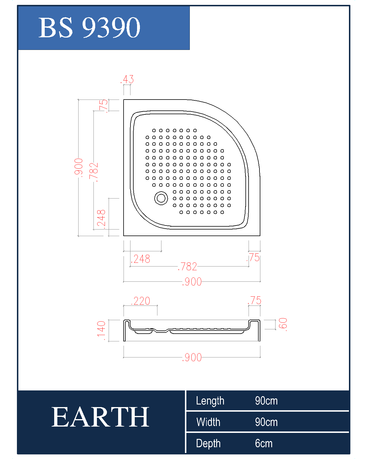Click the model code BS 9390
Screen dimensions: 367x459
[89, 28]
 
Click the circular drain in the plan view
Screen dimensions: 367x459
[161, 198]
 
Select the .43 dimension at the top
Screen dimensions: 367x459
[127, 79]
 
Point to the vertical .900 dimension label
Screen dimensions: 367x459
[78, 168]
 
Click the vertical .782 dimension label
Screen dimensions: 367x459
[94, 172]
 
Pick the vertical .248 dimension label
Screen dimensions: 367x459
[101, 219]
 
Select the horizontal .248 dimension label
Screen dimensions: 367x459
[140, 259]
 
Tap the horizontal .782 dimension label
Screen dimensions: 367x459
[188, 267]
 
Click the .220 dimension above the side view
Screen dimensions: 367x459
[140, 301]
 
